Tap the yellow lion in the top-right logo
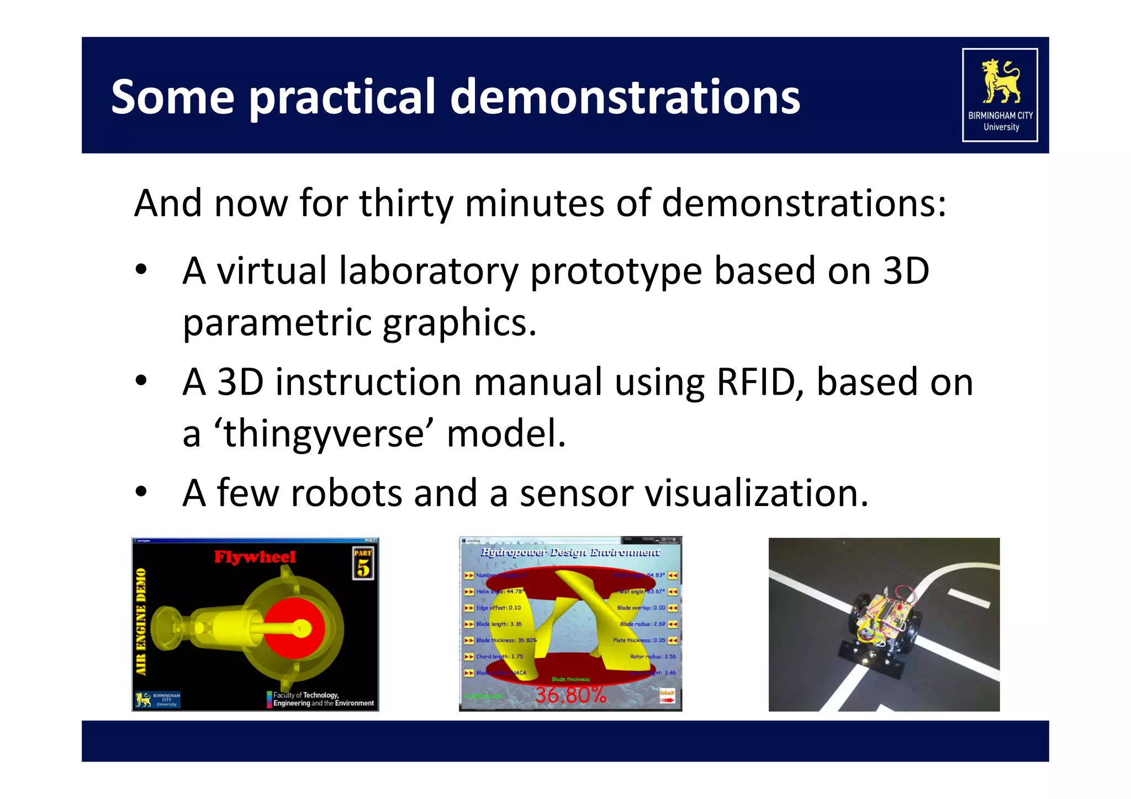[1000, 82]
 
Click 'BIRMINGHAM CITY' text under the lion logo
[1000, 115]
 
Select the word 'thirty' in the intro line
[406, 204]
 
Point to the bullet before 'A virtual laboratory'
[141, 270]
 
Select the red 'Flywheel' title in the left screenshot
[255, 557]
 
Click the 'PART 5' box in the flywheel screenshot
[363, 563]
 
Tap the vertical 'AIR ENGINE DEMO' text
[142, 621]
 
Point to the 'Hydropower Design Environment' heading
[570, 552]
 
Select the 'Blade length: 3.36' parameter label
[499, 624]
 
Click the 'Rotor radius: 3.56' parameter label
[653, 657]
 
